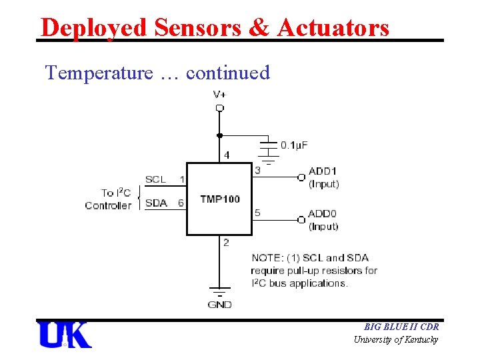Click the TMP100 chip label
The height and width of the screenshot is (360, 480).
point(219,199)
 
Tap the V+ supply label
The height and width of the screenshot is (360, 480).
point(219,94)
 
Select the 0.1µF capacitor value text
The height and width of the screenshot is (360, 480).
point(294,145)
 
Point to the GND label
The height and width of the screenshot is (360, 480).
point(219,305)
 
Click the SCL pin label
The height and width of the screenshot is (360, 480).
point(155,179)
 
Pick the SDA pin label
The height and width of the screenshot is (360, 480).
point(156,203)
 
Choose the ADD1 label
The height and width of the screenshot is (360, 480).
point(323,171)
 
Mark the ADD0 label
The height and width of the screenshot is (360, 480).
point(323,215)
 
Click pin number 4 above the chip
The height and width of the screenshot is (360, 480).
point(227,155)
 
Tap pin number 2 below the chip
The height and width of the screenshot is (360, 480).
point(226,243)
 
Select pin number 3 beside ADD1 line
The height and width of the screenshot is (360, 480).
point(257,171)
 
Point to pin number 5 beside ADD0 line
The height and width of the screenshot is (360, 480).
point(257,213)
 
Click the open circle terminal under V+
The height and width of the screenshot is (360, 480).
point(219,107)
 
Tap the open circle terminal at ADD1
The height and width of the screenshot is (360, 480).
point(301,177)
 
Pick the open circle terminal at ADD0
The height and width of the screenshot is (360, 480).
point(301,219)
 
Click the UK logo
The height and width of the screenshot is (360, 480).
point(65,335)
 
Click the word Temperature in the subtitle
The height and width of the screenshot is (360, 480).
point(99,73)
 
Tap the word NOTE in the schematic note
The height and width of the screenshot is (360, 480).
point(267,258)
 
